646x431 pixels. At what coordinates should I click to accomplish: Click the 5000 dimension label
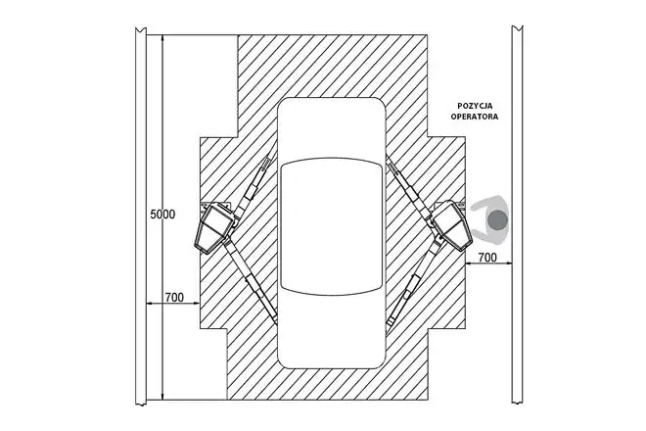[x=162, y=215]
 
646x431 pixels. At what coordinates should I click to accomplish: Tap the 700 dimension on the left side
[x=174, y=298]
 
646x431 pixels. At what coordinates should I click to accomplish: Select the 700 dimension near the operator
[x=487, y=258]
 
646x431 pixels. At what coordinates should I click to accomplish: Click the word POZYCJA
[x=475, y=107]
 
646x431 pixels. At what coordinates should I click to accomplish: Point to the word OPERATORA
[x=475, y=117]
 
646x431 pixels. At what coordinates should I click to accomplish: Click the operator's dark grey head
[x=497, y=219]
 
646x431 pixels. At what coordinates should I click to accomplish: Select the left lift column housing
[x=213, y=227]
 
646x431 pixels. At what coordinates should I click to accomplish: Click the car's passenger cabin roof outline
[x=331, y=226]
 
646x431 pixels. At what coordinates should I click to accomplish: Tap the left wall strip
[x=141, y=215]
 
